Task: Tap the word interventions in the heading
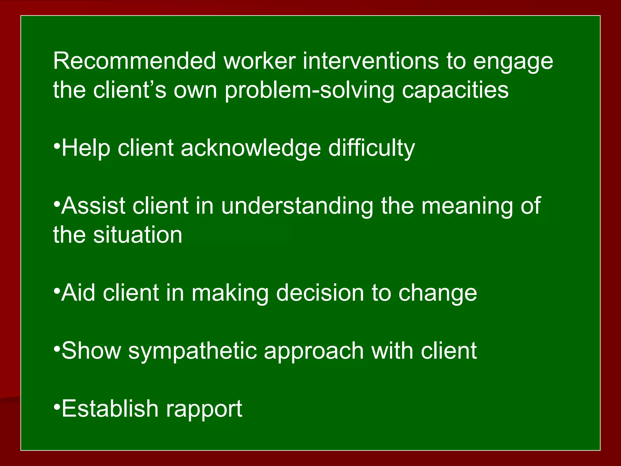pyautogui.click(x=371, y=61)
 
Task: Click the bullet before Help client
pyautogui.click(x=56, y=147)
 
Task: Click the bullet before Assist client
pyautogui.click(x=56, y=204)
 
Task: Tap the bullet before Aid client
pyautogui.click(x=56, y=291)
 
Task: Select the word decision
pyautogui.click(x=320, y=293)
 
